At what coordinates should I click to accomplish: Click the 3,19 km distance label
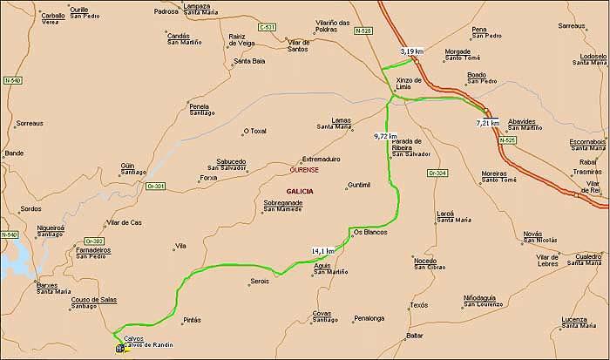coord(411,52)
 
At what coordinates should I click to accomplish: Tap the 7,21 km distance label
coord(488,123)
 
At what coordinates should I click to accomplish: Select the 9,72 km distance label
coord(385,137)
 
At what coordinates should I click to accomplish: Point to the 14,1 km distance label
coord(322,251)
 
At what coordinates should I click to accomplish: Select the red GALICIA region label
coord(300,191)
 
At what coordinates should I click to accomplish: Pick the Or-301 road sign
coord(156,186)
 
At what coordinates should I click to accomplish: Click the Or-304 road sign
coord(437,173)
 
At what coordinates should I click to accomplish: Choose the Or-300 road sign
coord(94,241)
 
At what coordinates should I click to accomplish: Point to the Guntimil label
coord(358,185)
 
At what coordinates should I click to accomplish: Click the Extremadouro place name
coord(320,160)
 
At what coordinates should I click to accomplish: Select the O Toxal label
coord(254,132)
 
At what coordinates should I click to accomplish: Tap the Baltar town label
coord(415,336)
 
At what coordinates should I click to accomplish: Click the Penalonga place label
coord(369,318)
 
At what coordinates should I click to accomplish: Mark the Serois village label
coord(259,281)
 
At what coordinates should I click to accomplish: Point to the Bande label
coord(14,153)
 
